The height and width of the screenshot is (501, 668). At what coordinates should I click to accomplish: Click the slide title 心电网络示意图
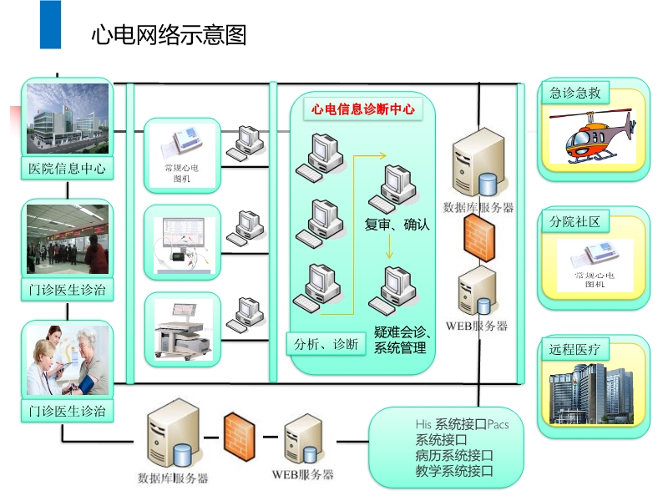[169, 34]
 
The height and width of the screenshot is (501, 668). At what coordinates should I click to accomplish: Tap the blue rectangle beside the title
[50, 24]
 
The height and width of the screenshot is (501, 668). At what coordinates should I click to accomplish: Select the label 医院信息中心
[67, 168]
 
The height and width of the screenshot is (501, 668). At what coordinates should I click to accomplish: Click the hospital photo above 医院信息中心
[67, 119]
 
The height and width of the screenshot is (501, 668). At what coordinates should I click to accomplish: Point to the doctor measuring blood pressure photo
[67, 360]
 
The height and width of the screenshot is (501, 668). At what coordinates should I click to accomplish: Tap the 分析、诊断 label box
[326, 343]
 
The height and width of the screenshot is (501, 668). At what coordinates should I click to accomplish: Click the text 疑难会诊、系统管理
[402, 340]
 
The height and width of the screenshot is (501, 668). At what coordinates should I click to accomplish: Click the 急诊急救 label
[575, 93]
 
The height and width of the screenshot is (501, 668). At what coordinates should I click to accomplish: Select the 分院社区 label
[575, 222]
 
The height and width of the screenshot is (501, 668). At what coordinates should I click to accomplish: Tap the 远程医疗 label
[575, 349]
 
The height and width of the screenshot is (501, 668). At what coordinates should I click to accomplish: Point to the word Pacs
[498, 424]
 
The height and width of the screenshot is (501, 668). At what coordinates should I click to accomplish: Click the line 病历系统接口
[454, 456]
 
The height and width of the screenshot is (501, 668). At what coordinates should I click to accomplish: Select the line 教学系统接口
[454, 472]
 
